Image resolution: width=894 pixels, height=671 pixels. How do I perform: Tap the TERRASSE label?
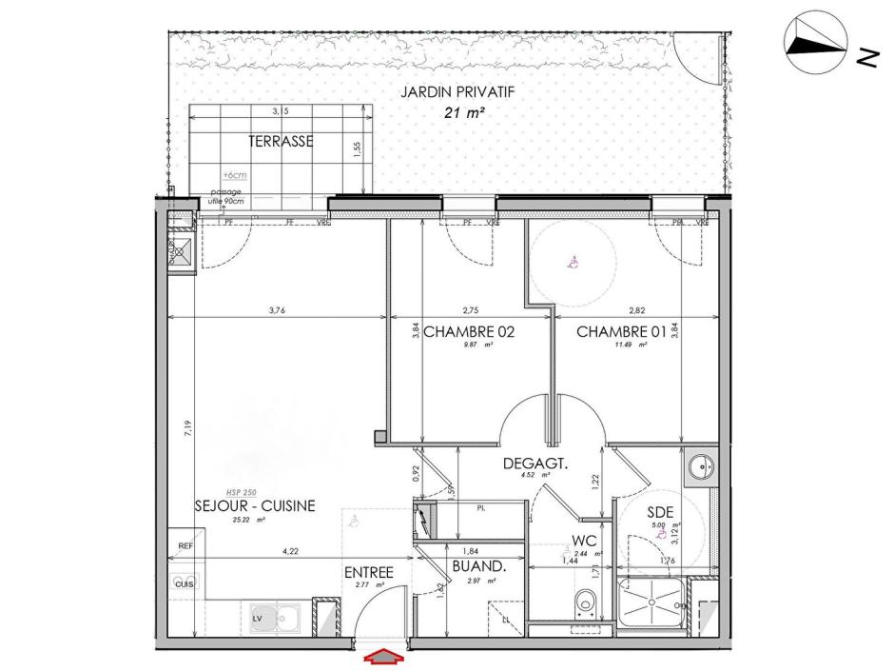point(282,142)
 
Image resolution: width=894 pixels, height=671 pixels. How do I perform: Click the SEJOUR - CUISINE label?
point(254,506)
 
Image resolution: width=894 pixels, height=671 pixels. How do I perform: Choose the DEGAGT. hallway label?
point(535,464)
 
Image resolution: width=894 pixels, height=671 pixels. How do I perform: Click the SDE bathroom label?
point(661,512)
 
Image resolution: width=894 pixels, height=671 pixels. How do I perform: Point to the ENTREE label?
point(369,572)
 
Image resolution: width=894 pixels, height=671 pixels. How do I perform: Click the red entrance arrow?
point(383,656)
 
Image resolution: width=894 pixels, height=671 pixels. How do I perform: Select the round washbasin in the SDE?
point(700,467)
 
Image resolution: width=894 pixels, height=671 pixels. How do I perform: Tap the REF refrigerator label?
point(185,545)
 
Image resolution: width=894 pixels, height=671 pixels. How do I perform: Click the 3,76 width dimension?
point(277,308)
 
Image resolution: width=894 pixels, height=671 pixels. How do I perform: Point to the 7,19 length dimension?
point(187,428)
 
